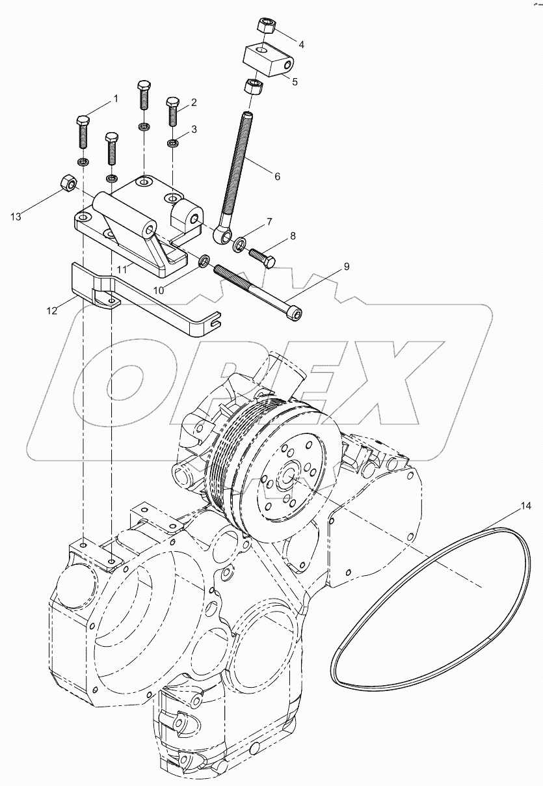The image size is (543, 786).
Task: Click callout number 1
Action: (x=116, y=99)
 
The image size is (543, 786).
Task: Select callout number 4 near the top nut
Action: (x=301, y=44)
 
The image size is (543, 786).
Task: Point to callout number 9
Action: (x=346, y=266)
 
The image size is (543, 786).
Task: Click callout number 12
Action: (x=53, y=311)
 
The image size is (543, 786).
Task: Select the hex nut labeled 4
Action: (x=267, y=26)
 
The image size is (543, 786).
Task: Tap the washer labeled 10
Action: (x=204, y=261)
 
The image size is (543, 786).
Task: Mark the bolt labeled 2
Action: (x=172, y=113)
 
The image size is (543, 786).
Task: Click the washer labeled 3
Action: (x=173, y=142)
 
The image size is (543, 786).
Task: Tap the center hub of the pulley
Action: (x=287, y=478)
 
